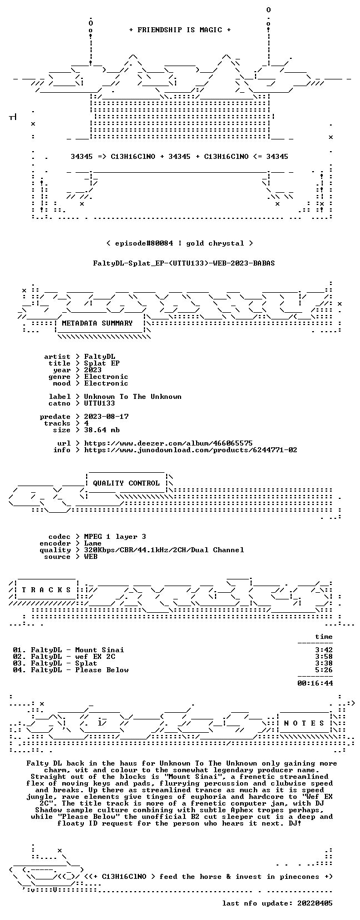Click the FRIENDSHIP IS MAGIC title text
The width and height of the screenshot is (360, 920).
coord(180,30)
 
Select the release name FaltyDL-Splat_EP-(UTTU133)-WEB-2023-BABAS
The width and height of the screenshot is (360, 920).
coord(184,263)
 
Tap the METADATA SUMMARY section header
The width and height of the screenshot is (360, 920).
coord(97,323)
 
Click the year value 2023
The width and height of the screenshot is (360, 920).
coord(93,370)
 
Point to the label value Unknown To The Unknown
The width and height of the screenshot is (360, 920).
coord(133,397)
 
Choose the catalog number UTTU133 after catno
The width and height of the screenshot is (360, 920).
coord(99,403)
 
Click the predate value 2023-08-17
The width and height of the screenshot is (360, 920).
coord(106,417)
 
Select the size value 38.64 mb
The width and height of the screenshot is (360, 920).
coord(102,430)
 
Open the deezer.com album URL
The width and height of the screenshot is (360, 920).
coord(168,443)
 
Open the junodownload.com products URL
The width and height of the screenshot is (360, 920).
coord(191,450)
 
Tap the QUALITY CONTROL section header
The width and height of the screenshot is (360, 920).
coord(126,483)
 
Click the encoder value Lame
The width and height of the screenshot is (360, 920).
coord(93,543)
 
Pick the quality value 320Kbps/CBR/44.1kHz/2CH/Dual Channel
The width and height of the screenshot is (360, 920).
coord(164,550)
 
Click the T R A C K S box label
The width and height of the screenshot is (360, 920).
coord(46,590)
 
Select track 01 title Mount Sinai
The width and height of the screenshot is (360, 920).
coord(99,650)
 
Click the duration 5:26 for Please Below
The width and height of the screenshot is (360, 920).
coord(324,670)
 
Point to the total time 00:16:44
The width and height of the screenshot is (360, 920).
coord(315,683)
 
